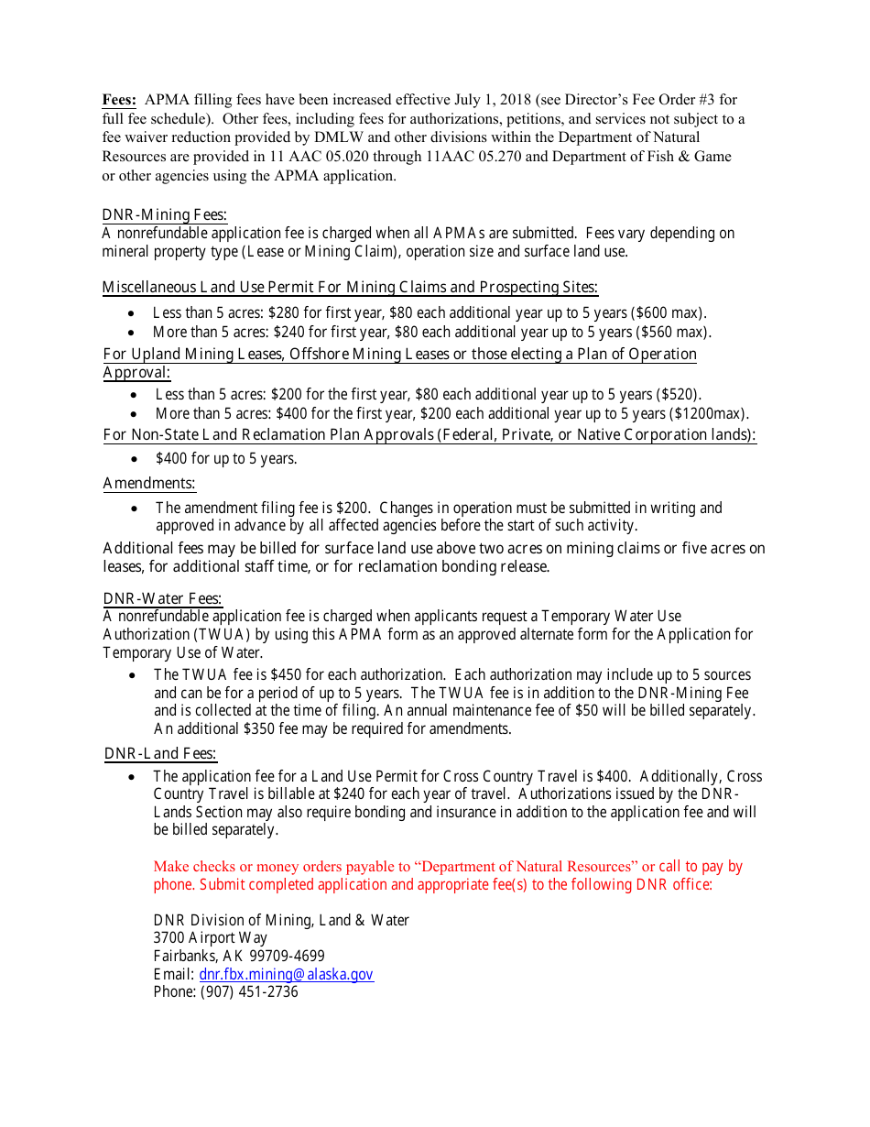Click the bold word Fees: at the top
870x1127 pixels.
pos(119,100)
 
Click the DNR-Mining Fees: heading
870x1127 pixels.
pos(164,214)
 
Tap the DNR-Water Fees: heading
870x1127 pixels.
pos(162,598)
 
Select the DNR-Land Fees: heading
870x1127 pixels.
pos(160,753)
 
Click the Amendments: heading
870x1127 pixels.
pos(149,483)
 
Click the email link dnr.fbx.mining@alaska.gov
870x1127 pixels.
pos(286,974)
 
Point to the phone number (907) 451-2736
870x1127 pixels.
pos(249,991)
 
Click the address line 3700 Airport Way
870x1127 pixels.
pos(211,937)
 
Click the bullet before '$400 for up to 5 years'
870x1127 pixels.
pos(135,458)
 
